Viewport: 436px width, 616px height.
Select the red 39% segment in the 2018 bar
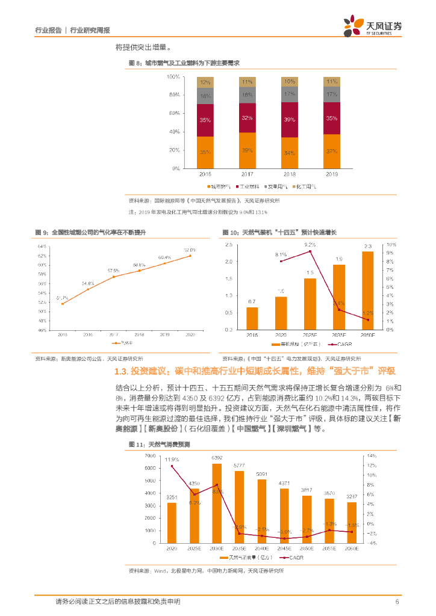(290, 120)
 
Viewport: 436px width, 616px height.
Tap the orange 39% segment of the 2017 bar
(248, 150)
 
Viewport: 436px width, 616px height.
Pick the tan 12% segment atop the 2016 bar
(205, 82)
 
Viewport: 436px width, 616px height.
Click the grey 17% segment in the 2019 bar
(332, 94)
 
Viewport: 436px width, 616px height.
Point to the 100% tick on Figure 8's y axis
(173, 76)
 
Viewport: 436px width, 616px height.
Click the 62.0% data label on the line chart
(190, 250)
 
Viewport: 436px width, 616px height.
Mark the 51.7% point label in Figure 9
(62, 298)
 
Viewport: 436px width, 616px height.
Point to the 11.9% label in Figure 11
(172, 459)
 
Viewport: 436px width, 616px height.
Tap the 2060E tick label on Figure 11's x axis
(352, 549)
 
